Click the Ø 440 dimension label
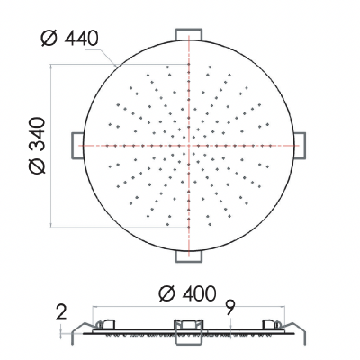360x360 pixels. click(69, 39)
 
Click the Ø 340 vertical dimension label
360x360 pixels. click(38, 146)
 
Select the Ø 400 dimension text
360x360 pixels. click(187, 293)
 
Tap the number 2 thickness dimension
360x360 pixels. click(61, 313)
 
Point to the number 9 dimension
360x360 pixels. click(230, 308)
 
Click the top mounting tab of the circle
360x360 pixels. click(189, 34)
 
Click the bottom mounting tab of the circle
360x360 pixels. click(189, 256)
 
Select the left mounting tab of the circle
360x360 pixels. click(77, 146)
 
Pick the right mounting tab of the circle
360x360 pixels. click(300, 146)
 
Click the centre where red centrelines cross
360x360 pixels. click(189, 146)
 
